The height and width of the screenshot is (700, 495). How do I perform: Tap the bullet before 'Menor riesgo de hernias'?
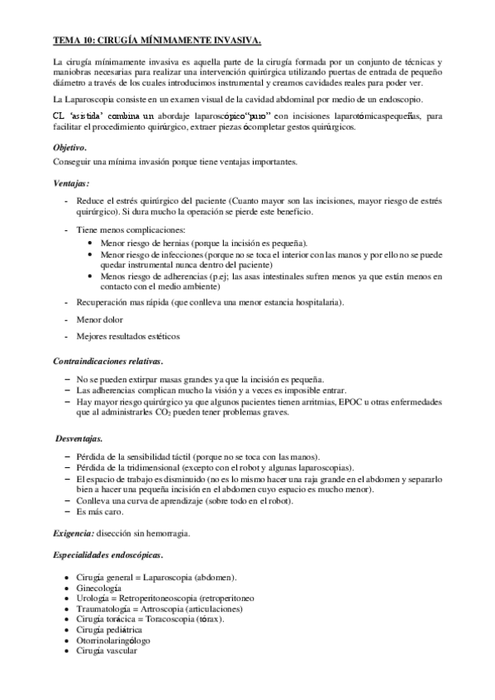coord(89,244)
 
